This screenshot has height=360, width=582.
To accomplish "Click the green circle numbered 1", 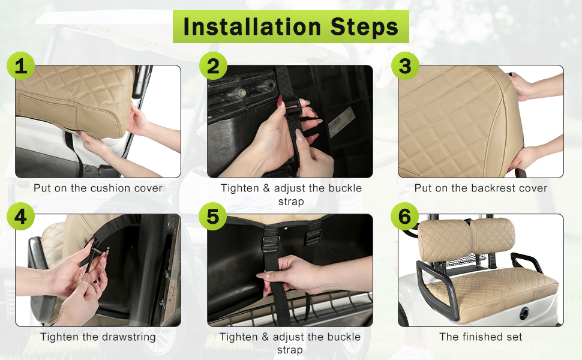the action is (21, 65).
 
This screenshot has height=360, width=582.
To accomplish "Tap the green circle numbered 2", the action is (213, 65).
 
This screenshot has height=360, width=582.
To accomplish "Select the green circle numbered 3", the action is (405, 65).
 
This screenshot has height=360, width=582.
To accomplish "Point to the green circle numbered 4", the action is (21, 216).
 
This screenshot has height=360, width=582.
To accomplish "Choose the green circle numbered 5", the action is (212, 216).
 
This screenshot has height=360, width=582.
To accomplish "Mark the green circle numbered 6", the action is (404, 216).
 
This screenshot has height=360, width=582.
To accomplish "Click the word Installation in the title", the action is (252, 27).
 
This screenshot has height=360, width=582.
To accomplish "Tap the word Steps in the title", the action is (364, 27).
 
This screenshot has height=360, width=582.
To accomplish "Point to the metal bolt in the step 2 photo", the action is (241, 93).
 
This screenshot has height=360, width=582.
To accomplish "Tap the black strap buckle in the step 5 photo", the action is (271, 244).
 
